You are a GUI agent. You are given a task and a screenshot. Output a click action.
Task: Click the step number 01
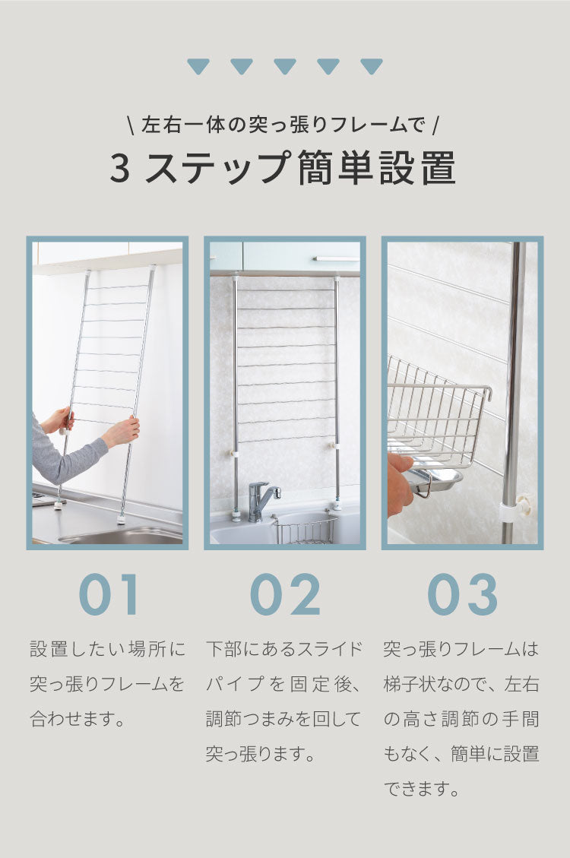click(109, 594)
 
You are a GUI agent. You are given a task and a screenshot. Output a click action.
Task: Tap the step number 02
click(285, 594)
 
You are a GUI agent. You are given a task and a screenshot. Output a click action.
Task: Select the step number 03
click(462, 594)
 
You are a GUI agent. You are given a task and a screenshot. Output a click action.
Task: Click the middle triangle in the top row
click(285, 67)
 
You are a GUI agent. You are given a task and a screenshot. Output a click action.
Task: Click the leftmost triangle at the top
click(198, 67)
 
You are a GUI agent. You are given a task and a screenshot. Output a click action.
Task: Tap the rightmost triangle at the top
click(372, 67)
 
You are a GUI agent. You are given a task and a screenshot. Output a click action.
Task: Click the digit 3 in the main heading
click(120, 169)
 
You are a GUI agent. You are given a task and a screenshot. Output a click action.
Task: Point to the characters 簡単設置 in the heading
click(377, 169)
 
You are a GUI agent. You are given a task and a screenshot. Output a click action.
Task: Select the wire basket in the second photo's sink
click(304, 530)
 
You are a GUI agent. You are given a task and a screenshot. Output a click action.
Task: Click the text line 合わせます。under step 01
click(78, 718)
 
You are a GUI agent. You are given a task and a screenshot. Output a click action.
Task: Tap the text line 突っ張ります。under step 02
click(260, 754)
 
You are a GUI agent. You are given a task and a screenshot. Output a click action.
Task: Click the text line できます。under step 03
click(423, 789)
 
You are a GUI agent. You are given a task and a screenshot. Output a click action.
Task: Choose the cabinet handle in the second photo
click(336, 259)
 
